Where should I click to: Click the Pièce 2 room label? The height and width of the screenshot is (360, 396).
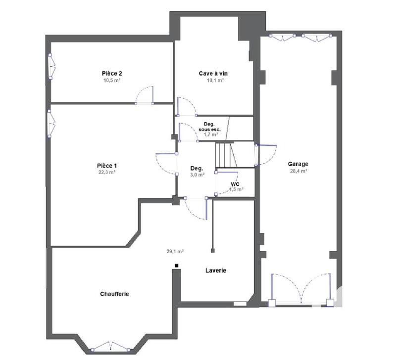click(112, 73)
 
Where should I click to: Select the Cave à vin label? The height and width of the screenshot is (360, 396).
click(213, 73)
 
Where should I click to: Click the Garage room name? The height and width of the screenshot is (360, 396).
click(298, 164)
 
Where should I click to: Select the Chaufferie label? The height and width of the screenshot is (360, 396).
click(114, 294)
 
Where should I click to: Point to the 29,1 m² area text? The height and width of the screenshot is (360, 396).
click(175, 251)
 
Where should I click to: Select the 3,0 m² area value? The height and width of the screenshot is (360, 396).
click(198, 174)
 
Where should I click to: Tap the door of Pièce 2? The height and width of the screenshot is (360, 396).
click(146, 96)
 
